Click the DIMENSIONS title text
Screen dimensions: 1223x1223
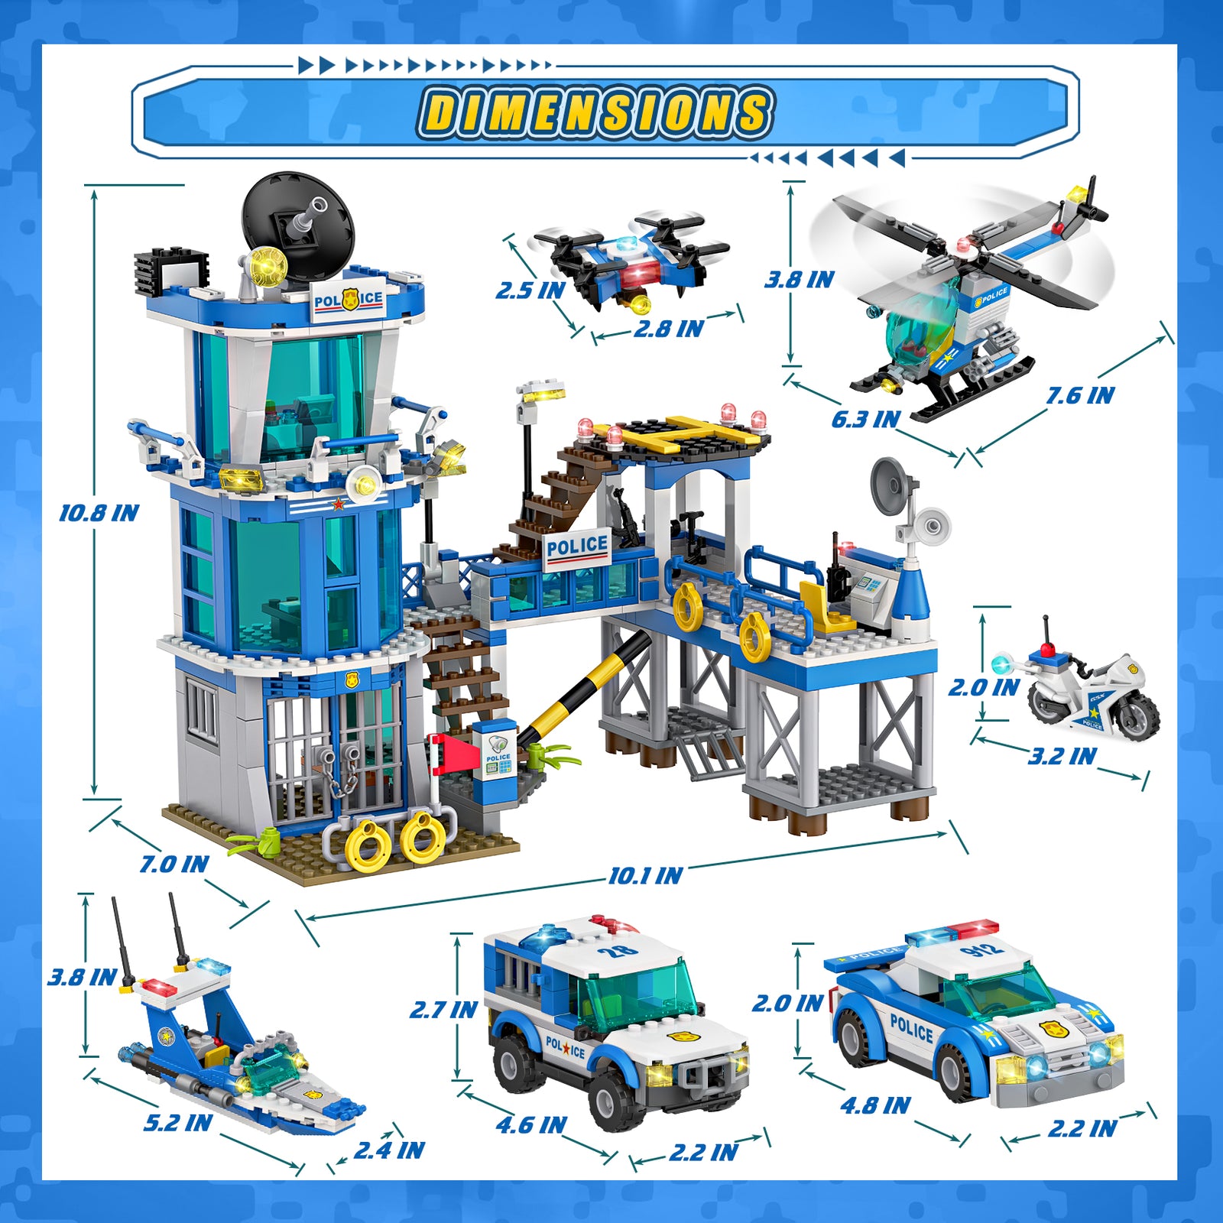[x=595, y=112]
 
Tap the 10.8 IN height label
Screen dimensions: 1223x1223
[x=99, y=513]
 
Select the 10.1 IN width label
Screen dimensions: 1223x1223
[x=645, y=876]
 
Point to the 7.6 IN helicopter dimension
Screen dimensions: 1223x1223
[x=1079, y=396]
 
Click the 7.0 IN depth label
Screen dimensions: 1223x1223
[x=174, y=865]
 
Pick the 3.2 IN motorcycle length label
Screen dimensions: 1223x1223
[x=1062, y=757]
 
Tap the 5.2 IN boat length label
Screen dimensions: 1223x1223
[x=177, y=1123]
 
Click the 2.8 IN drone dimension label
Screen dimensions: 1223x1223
[x=668, y=329]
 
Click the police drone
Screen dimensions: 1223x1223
[x=632, y=261]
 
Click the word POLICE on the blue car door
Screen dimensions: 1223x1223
[x=911, y=1027]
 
